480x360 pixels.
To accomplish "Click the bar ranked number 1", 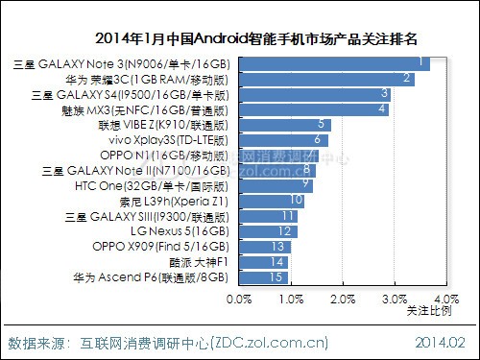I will (332, 63).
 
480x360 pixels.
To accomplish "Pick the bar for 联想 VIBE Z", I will (283, 125).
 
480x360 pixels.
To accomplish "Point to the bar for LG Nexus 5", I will (266, 231).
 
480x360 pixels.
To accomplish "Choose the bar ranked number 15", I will (261, 277).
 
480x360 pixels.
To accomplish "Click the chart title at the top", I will (262, 39).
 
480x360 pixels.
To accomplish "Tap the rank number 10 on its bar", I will (296, 201).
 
